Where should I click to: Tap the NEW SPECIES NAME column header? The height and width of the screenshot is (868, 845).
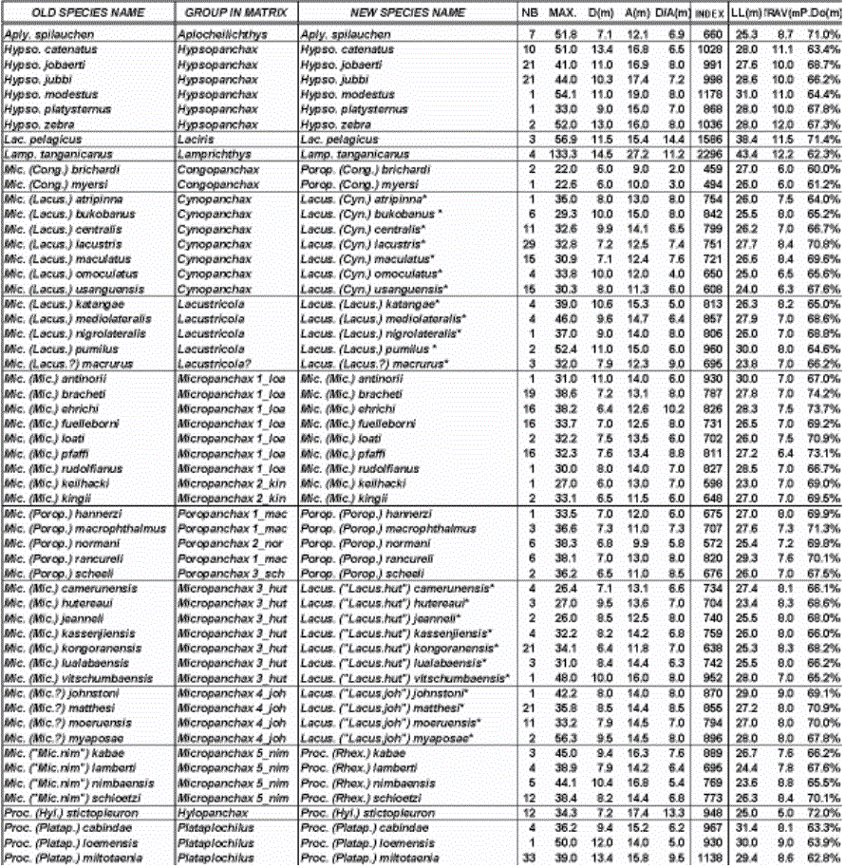(407, 13)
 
